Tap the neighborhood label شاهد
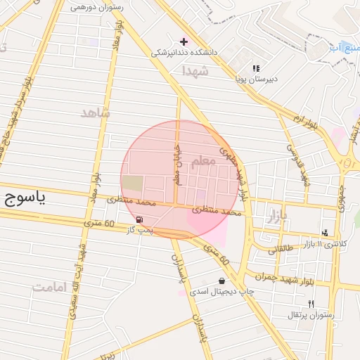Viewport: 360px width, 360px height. (96, 112)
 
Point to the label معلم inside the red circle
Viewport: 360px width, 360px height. (202, 162)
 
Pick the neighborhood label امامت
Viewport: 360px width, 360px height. (49, 287)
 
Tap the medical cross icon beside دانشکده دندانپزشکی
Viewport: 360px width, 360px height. (184, 41)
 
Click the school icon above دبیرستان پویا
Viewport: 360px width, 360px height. (256, 68)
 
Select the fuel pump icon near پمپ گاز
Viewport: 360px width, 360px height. (139, 220)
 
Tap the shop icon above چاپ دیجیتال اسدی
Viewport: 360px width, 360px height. (221, 281)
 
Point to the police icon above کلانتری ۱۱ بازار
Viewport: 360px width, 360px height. (324, 232)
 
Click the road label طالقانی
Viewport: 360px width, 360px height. (283, 248)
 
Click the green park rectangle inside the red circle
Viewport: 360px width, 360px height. (131, 184)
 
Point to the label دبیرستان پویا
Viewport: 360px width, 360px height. (256, 79)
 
